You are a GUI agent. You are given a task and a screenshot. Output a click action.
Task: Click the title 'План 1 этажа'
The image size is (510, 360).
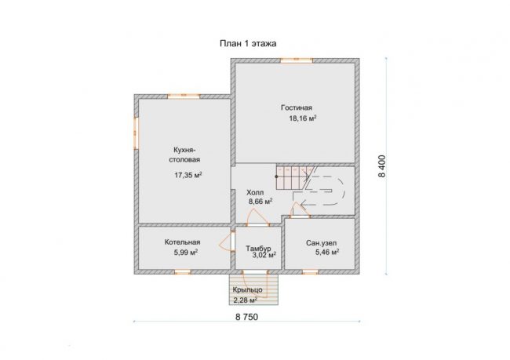[x=248, y=43]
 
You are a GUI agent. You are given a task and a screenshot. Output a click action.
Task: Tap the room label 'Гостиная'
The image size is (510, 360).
[x=297, y=107]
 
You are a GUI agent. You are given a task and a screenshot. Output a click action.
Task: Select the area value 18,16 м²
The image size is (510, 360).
[x=303, y=118]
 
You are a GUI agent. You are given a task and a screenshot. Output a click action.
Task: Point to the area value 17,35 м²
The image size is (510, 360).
[x=188, y=175]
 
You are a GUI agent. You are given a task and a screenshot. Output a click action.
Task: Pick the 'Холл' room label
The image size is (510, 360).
[x=255, y=192]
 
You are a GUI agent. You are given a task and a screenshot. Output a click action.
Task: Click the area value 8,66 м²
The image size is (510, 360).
[x=260, y=202]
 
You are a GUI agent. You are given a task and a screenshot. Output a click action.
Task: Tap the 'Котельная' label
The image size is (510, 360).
[x=183, y=242]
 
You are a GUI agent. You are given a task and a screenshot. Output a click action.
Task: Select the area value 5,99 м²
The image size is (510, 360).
[x=186, y=253]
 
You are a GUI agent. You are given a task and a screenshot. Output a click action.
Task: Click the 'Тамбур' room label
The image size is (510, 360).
[x=258, y=248]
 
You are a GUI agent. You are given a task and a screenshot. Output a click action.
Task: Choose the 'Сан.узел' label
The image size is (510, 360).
[x=322, y=243]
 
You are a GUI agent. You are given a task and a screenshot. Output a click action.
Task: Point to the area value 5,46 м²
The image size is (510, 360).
[x=327, y=252]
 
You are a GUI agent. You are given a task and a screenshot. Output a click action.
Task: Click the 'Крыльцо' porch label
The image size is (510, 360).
[x=247, y=289]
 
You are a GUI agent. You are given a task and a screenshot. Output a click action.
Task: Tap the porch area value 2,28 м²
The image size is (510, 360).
[x=246, y=300]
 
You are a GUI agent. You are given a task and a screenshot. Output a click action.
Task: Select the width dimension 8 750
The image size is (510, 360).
[x=246, y=317]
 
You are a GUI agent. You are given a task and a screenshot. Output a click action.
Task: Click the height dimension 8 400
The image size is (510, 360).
[x=382, y=165]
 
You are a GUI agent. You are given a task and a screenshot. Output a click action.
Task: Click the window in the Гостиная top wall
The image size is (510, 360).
[x=297, y=60]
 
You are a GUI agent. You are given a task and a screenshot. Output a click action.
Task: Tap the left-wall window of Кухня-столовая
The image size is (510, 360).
[x=137, y=133]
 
